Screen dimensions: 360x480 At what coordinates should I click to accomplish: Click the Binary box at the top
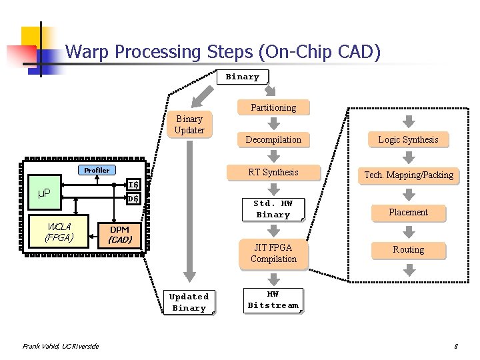[243, 77]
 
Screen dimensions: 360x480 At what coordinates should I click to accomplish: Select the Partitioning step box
[273, 107]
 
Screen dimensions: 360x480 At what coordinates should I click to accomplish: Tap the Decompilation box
[273, 139]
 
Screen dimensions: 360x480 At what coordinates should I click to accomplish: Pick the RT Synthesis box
[273, 172]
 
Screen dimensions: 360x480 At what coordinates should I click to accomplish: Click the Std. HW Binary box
[273, 209]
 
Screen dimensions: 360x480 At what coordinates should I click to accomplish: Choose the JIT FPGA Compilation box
[273, 253]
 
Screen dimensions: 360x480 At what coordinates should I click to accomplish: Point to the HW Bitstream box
[273, 299]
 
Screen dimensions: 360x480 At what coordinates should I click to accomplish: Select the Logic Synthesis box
[408, 139]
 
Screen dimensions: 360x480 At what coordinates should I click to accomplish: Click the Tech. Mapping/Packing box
[408, 175]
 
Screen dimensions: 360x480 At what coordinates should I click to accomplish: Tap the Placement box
[408, 212]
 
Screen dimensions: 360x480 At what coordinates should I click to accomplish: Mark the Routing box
[408, 249]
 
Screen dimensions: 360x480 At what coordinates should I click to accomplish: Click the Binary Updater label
[189, 125]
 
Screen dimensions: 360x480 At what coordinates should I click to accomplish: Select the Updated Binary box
[189, 302]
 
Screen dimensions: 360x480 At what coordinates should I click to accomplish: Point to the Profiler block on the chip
[97, 170]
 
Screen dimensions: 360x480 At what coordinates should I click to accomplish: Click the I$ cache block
[133, 185]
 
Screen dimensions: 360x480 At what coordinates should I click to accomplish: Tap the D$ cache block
[133, 199]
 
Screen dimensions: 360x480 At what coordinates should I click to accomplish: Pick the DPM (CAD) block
[120, 234]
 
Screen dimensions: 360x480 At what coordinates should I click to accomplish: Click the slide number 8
[455, 346]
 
